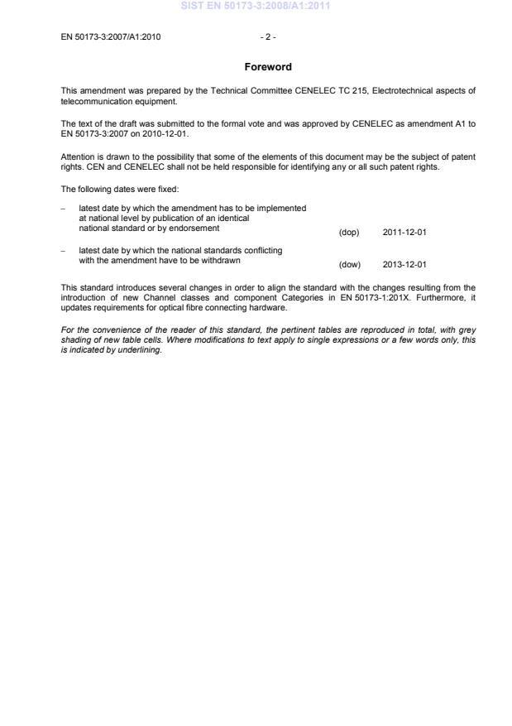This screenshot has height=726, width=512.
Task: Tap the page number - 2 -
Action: [x=267, y=36]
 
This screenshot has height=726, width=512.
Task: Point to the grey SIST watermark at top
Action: [x=256, y=7]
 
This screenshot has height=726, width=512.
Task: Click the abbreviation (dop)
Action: [x=349, y=233]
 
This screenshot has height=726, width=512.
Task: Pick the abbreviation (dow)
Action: [x=349, y=265]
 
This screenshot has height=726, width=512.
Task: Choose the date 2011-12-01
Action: [x=404, y=233]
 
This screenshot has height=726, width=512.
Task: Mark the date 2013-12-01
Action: [x=404, y=265]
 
